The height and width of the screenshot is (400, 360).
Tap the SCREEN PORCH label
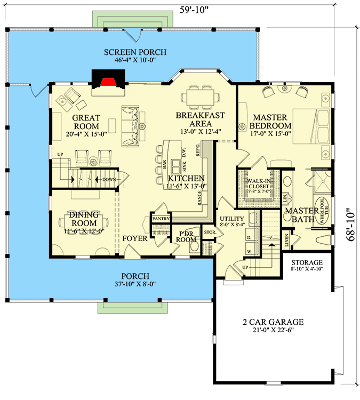click(135, 52)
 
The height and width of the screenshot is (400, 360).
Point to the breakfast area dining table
click(201, 98)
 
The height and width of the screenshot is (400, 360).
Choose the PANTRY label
click(160, 219)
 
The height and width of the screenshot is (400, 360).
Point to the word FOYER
click(134, 238)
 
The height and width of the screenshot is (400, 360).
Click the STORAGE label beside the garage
click(307, 263)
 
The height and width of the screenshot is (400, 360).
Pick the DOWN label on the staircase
click(109, 180)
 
